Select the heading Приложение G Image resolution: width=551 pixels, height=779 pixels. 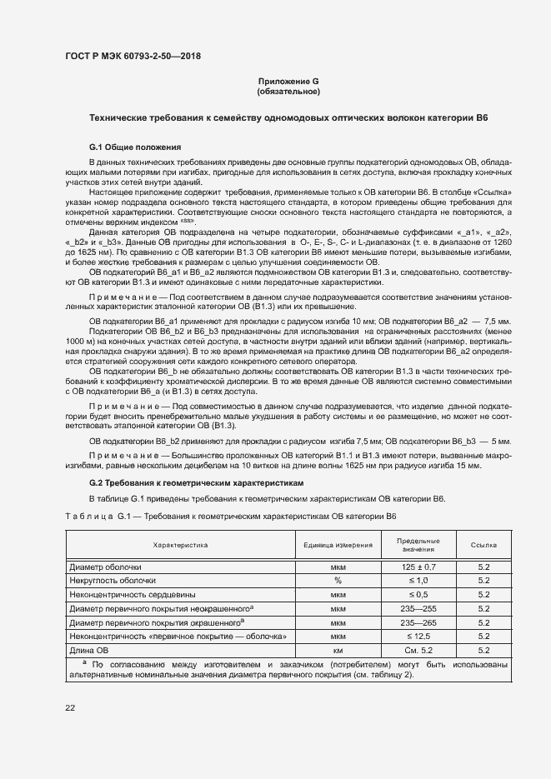[289, 81]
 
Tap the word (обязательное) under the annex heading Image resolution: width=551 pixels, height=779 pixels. [289, 91]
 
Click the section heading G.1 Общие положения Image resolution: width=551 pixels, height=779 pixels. [135, 147]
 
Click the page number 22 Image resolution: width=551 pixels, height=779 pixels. [70, 707]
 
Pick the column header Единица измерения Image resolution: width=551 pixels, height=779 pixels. [338, 545]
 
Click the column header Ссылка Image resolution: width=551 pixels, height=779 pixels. [483, 545]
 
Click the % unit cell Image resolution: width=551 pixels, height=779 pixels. [338, 580]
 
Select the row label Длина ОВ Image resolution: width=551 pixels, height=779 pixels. [89, 650]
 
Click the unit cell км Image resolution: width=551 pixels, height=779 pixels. [338, 650]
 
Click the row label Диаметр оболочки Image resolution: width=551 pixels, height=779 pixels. [106, 567]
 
